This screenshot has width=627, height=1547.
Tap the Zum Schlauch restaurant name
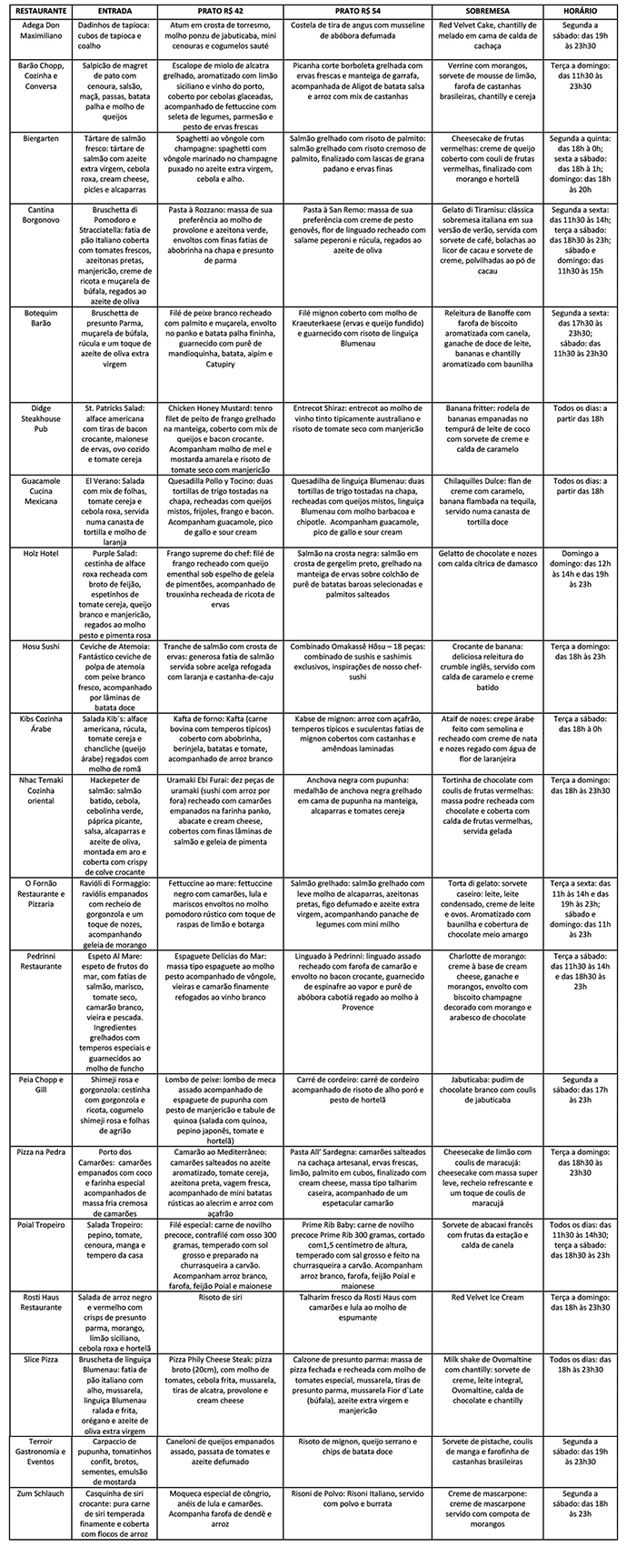[x=38, y=1494]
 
